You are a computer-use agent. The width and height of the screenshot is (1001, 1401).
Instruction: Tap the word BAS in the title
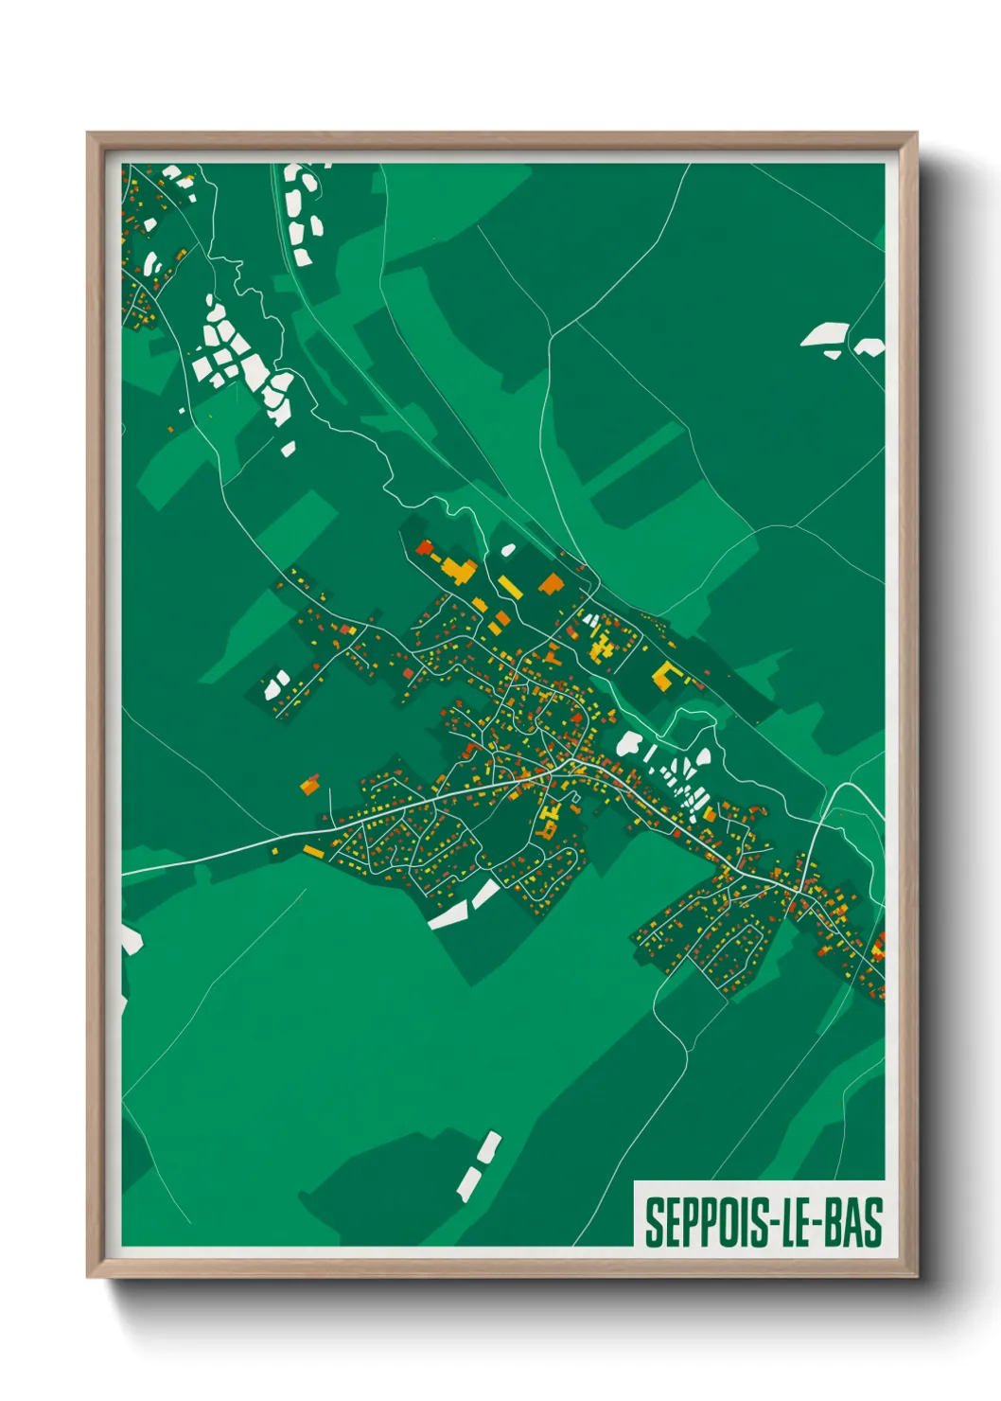point(853,1222)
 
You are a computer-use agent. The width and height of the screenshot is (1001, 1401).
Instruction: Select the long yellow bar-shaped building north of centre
point(509,587)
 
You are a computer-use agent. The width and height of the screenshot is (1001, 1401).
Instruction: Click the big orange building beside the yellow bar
point(550,584)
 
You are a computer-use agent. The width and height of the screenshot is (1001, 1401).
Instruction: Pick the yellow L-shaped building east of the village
point(668,675)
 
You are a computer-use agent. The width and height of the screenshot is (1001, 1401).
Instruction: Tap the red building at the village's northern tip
point(423,547)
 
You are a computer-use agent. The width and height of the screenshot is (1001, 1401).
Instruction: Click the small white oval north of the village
point(508,549)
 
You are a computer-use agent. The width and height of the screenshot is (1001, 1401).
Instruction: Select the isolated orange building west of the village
point(309,785)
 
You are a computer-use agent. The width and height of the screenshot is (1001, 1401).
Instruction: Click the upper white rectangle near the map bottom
point(489,1146)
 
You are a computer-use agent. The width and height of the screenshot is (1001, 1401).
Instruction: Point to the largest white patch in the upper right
point(825,334)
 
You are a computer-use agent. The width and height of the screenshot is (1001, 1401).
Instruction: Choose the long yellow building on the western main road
point(313,852)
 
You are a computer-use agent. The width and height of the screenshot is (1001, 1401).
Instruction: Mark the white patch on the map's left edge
point(130,939)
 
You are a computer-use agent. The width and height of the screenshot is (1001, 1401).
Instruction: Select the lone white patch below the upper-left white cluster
point(288,449)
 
